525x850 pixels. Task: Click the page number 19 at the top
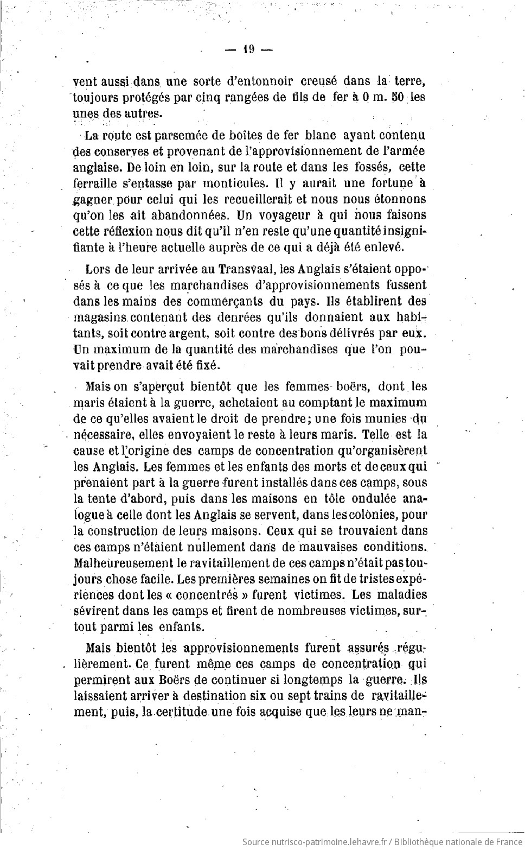[x=249, y=49]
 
